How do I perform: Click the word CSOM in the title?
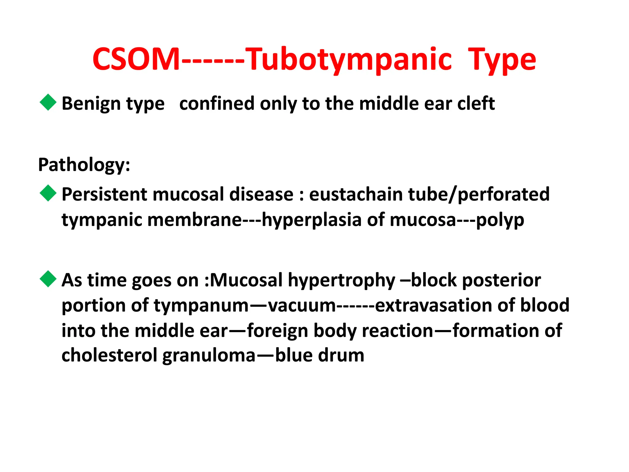coord(136,59)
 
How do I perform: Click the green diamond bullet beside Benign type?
coord(48,102)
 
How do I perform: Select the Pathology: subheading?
coord(84,165)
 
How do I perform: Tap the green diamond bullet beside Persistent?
coord(48,193)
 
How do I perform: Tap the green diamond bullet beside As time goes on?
coord(48,279)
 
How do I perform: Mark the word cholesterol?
coord(109,355)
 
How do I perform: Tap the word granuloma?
coord(209,356)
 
